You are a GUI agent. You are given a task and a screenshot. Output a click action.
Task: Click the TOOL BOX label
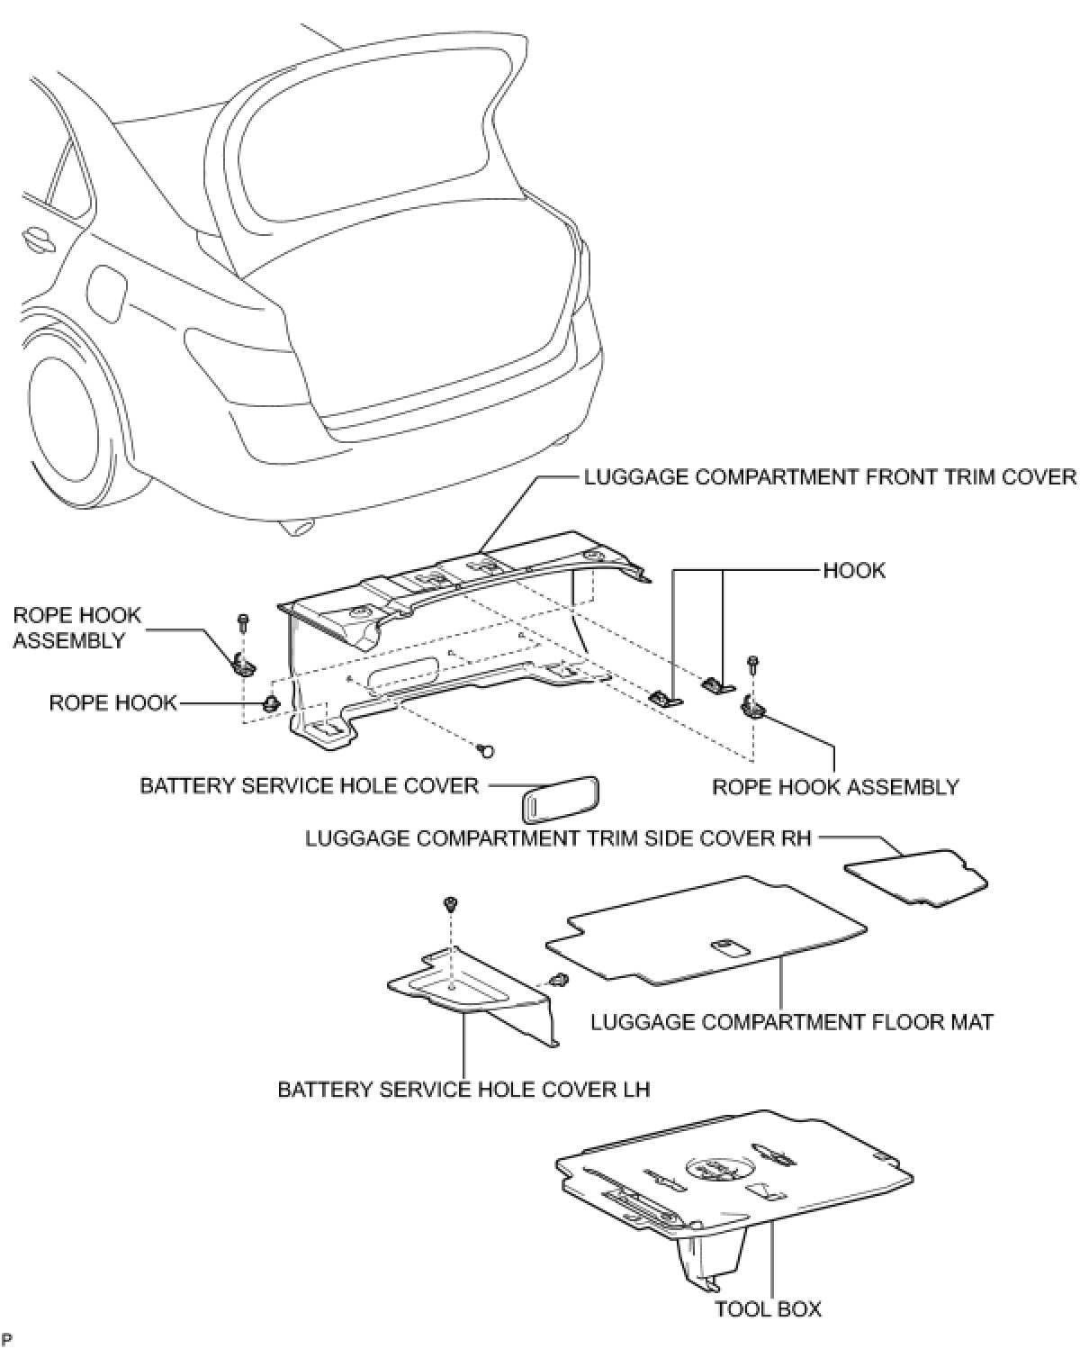pyautogui.click(x=768, y=1308)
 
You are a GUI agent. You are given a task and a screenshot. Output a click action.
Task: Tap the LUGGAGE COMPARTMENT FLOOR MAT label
pyautogui.click(x=792, y=1022)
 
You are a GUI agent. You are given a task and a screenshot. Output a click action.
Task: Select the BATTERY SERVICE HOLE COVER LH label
pyautogui.click(x=463, y=1090)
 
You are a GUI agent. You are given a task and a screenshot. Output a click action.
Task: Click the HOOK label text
pyautogui.click(x=854, y=570)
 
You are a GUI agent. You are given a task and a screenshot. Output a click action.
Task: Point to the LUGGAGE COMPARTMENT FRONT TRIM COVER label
pyautogui.click(x=830, y=476)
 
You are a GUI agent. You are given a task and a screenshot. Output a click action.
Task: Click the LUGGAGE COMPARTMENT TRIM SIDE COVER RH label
pyautogui.click(x=558, y=838)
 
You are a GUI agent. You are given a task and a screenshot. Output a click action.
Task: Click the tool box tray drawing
pyautogui.click(x=733, y=1180)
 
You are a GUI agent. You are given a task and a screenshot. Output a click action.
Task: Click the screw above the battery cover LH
pyautogui.click(x=447, y=904)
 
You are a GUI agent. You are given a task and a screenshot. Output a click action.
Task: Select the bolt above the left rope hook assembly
pyautogui.click(x=243, y=621)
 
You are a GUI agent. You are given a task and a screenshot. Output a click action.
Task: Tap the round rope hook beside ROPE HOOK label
pyautogui.click(x=270, y=703)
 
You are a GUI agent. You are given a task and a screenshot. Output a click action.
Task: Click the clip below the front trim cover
pyautogui.click(x=487, y=748)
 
